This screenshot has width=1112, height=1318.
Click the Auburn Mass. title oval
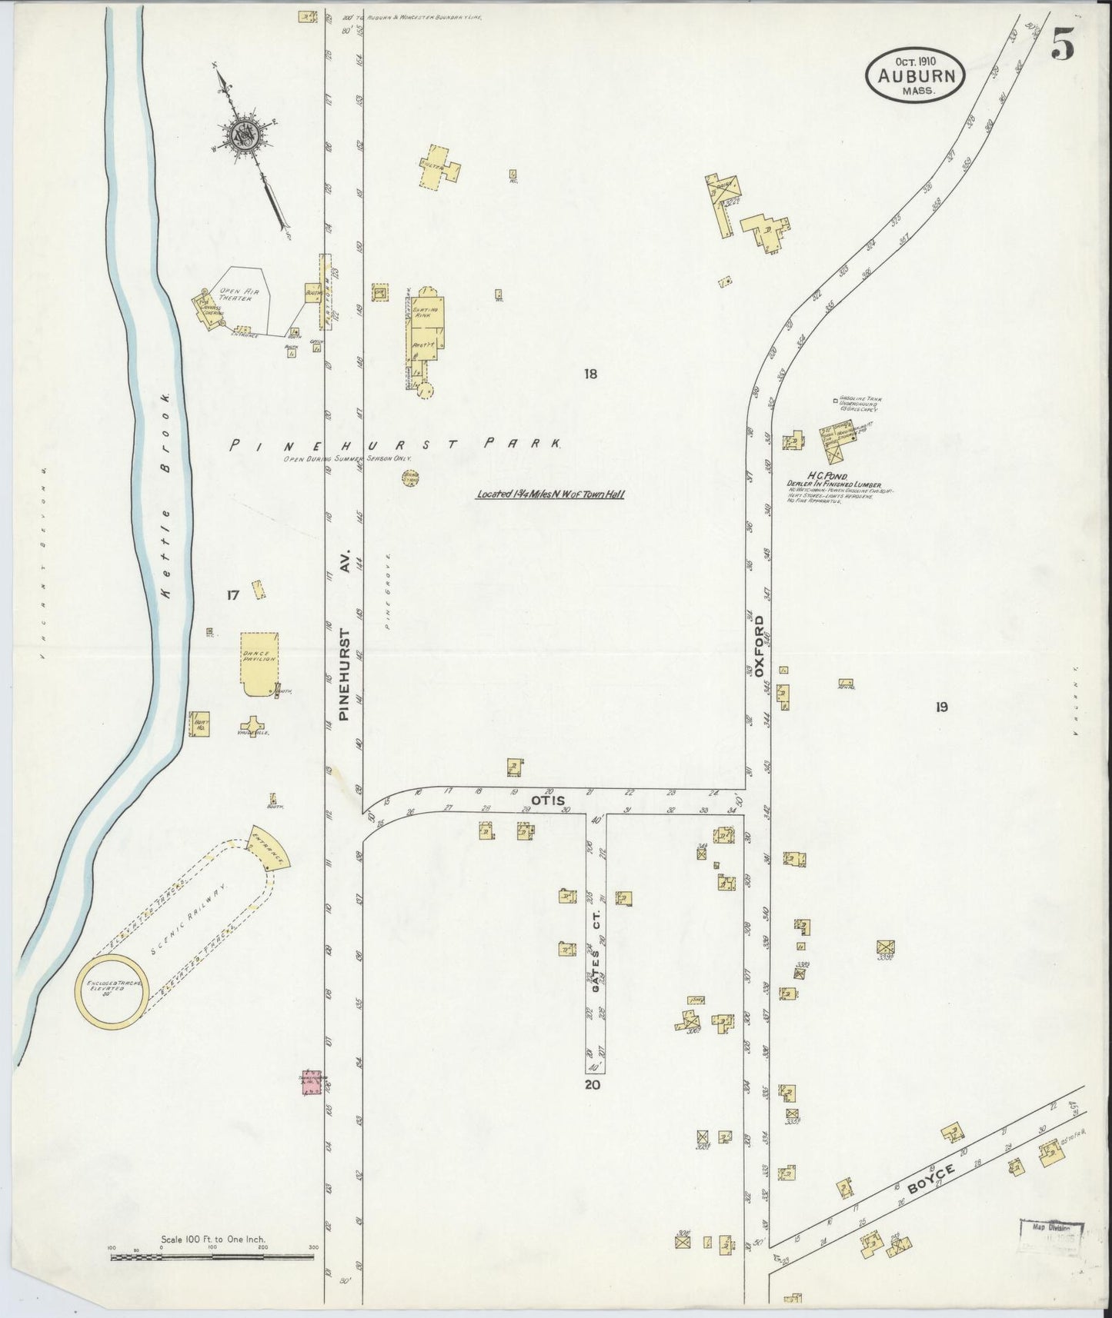coord(915,75)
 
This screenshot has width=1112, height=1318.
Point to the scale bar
coord(212,1257)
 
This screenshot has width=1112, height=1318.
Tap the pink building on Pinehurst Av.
coord(311,1082)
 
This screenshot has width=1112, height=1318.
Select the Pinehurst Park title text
coord(397,444)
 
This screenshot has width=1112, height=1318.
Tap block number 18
coord(590,374)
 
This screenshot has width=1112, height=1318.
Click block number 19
coord(941,707)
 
